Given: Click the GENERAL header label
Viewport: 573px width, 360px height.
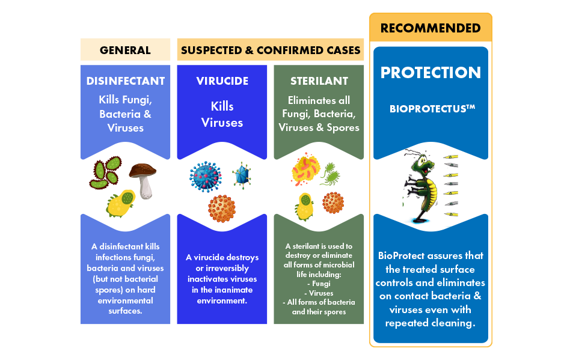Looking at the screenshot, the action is point(125,50).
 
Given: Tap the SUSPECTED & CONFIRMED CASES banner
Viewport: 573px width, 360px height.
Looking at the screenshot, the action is point(271,50).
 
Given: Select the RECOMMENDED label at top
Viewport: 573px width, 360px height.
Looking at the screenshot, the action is point(431,28).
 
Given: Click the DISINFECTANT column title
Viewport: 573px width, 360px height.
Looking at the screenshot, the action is point(125,81).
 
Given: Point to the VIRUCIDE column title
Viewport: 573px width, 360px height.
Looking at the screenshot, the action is point(222,81).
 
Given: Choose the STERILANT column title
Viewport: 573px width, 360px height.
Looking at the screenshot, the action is point(319,81).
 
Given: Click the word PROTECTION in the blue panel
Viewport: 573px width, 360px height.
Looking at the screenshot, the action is point(431,72).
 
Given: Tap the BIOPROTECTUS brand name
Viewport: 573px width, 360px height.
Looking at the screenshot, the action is point(432,108).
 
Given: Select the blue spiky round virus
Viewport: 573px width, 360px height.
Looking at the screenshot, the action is point(206,177).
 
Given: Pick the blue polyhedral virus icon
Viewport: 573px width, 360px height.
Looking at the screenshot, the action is point(242,175).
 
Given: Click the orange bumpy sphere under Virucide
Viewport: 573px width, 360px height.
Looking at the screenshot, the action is point(222,209).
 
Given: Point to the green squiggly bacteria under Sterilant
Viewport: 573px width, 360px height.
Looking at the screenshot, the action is point(330,174).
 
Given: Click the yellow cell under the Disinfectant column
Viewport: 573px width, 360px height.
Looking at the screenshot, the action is point(121,203).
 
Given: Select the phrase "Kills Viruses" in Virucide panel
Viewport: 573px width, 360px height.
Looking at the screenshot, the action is point(222,114).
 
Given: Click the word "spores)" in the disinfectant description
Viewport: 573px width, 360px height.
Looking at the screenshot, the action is point(109,290).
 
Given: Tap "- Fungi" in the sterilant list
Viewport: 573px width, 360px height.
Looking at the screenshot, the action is point(319,284).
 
